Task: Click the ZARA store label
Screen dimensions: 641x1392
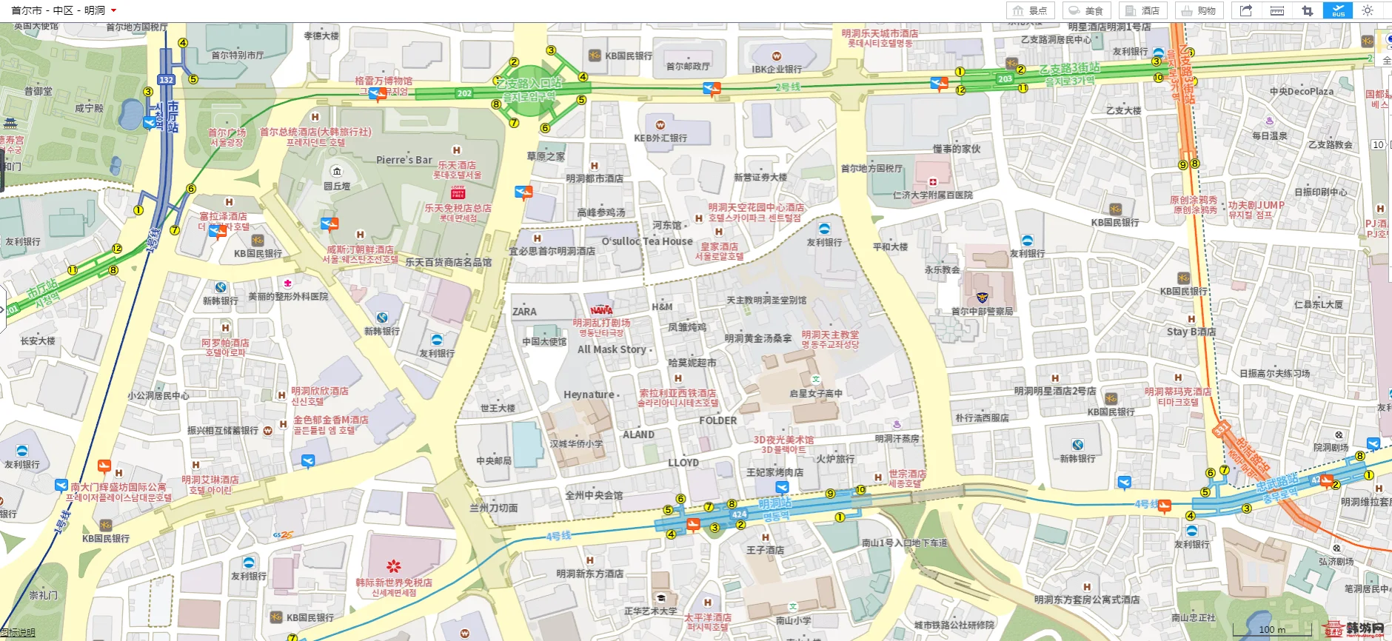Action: [524, 312]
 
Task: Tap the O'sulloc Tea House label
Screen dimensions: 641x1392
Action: [646, 241]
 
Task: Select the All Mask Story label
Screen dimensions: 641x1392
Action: [612, 349]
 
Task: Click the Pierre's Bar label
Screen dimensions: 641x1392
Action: [404, 160]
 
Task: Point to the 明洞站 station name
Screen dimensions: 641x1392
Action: [774, 504]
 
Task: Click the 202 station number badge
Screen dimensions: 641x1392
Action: [464, 93]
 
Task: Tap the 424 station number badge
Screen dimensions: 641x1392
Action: [739, 514]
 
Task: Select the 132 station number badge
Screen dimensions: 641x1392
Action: [166, 80]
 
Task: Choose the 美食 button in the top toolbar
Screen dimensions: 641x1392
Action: [1086, 10]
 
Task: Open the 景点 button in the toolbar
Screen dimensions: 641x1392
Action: [1030, 10]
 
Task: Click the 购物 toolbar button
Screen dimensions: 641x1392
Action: [1199, 10]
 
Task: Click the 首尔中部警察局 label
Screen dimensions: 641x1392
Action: [982, 311]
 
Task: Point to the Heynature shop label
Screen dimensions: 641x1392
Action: [589, 395]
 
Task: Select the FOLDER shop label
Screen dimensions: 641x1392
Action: [717, 420]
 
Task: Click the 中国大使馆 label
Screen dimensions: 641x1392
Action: [544, 342]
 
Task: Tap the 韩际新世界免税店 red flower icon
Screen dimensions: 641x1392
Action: [393, 566]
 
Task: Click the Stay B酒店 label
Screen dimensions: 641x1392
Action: [1191, 332]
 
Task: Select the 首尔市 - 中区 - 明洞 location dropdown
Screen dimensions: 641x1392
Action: [64, 10]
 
